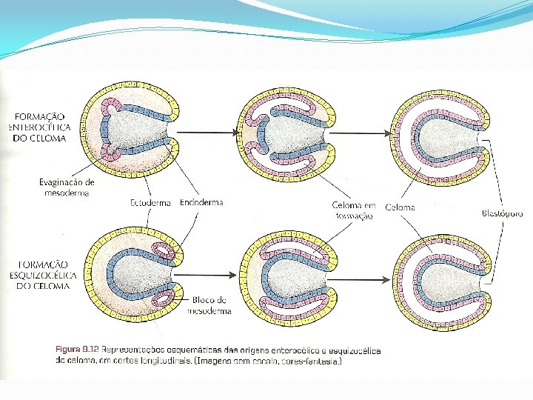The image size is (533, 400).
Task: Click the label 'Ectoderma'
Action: (150, 202)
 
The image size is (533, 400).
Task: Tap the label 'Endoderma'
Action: (201, 202)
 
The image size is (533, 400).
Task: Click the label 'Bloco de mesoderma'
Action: (210, 305)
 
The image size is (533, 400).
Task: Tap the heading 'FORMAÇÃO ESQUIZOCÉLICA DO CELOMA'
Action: (41, 276)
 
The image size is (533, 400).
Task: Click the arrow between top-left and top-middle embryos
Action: (207, 133)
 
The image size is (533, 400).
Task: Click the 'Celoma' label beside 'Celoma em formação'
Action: (400, 207)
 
